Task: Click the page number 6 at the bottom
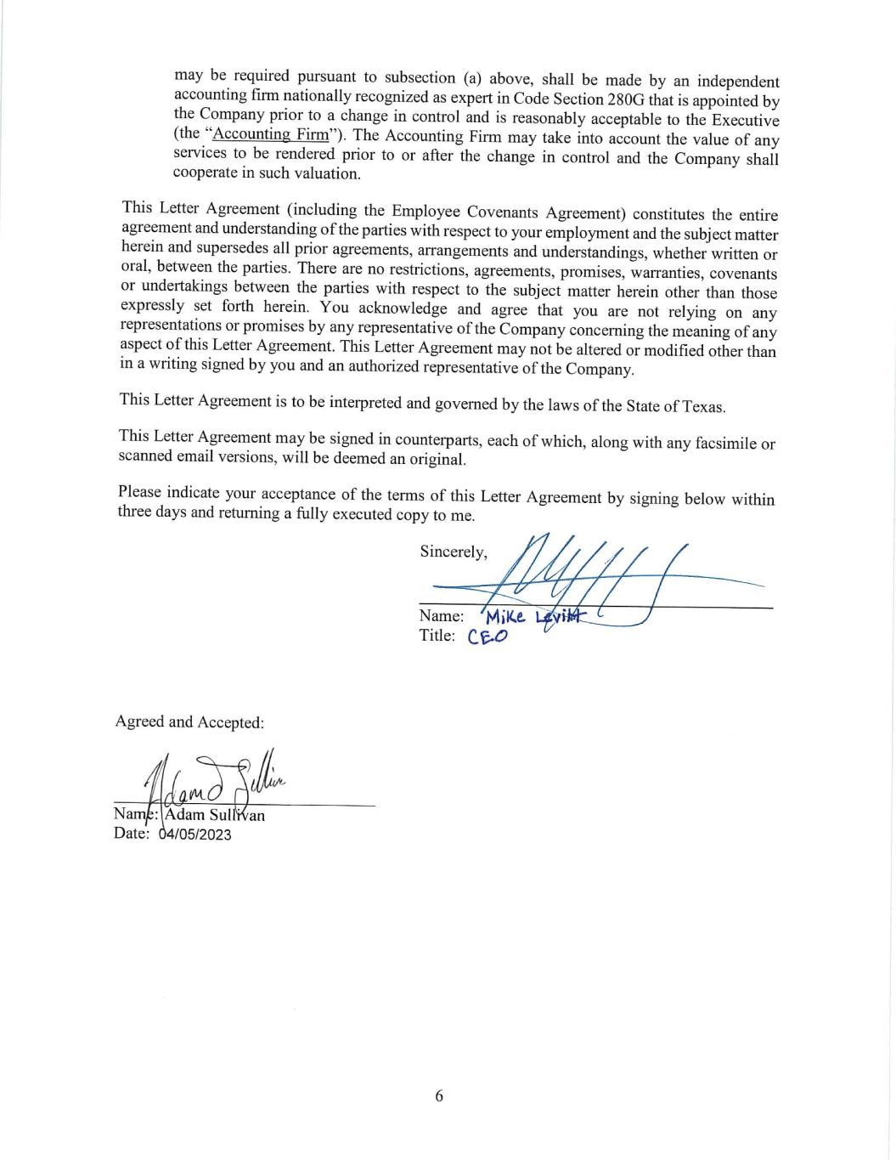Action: click(x=439, y=1096)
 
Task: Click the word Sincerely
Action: click(x=454, y=552)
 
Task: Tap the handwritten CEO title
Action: click(x=487, y=637)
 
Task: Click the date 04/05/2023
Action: click(x=194, y=835)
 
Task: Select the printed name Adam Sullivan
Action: click(x=215, y=816)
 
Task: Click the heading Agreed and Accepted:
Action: click(x=189, y=722)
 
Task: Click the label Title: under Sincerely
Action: click(x=437, y=636)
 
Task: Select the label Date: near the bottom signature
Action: click(x=132, y=834)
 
